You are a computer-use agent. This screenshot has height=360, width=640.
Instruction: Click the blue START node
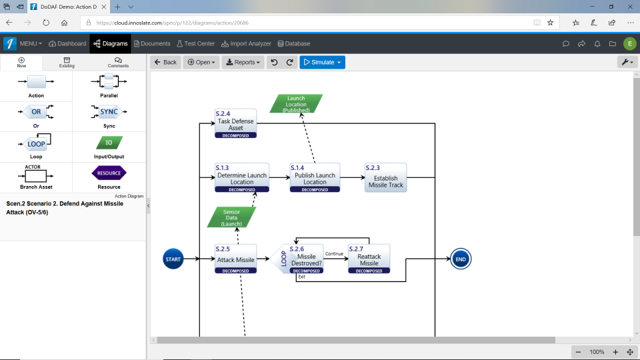173,259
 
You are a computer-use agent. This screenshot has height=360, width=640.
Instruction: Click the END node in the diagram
460,259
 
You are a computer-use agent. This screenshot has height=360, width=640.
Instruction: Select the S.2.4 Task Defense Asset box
235,123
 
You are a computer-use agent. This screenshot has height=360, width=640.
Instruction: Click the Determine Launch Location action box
241,177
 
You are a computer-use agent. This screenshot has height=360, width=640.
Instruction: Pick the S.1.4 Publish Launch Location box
315,177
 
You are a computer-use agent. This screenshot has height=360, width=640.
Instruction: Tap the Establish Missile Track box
385,178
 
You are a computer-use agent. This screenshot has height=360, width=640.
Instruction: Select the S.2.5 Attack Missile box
235,259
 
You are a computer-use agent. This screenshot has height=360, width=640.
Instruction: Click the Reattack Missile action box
369,259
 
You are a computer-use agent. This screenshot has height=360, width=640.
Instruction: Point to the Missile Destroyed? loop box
306,259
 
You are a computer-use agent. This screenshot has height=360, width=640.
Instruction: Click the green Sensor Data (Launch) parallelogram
231,217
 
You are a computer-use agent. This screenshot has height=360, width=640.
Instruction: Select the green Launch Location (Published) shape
296,104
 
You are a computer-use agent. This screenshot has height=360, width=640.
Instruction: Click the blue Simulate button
322,62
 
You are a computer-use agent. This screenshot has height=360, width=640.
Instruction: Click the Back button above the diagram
165,62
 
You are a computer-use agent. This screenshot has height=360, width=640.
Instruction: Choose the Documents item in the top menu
152,43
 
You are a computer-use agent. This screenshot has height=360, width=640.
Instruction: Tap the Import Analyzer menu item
246,43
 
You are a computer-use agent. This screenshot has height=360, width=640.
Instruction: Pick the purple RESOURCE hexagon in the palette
109,173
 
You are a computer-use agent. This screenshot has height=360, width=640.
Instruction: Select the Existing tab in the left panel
67,63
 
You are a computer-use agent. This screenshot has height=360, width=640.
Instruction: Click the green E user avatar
630,43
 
